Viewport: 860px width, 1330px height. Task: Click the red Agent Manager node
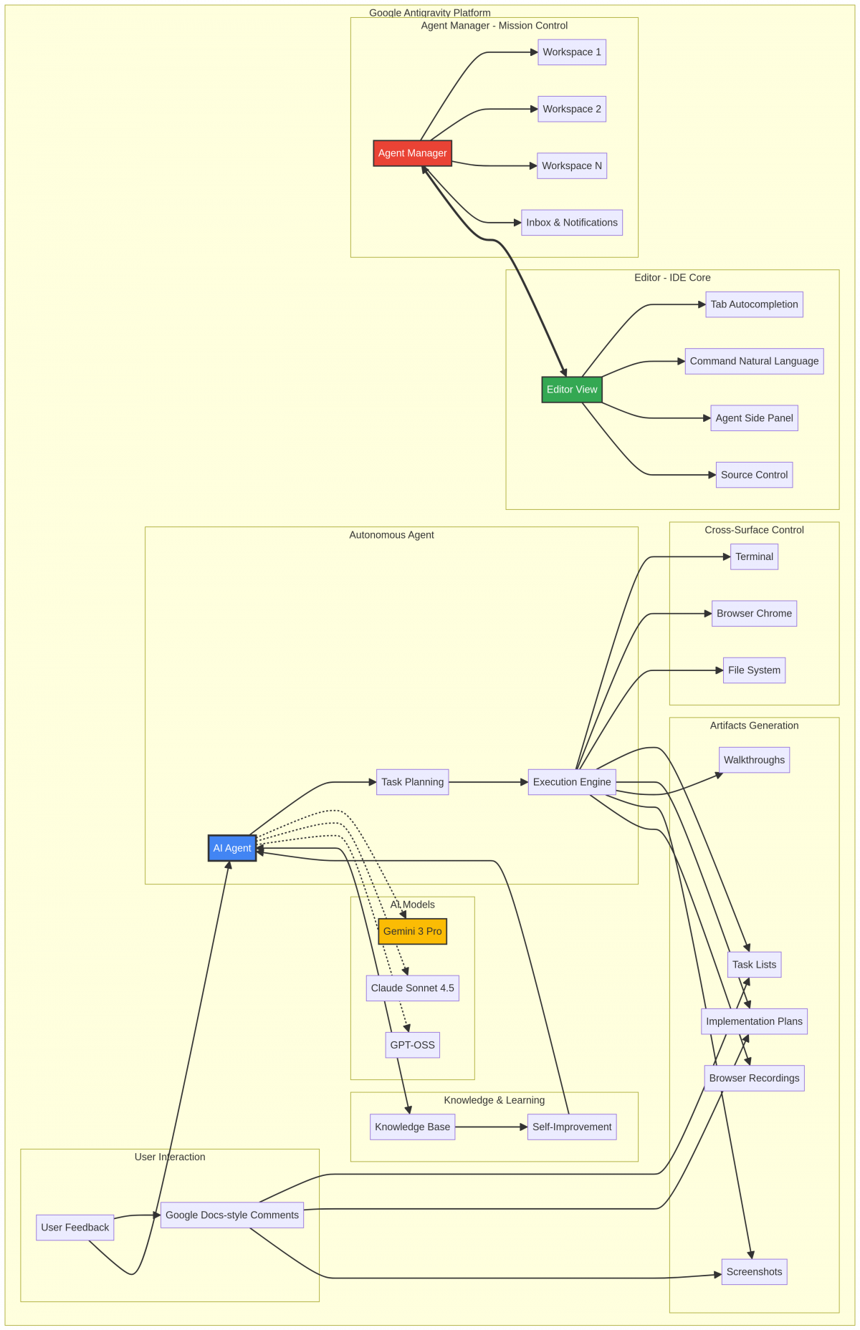tap(412, 153)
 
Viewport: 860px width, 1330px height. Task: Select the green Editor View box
tap(571, 390)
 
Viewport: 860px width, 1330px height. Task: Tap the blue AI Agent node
tap(232, 848)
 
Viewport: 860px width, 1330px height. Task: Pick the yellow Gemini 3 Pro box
tap(412, 931)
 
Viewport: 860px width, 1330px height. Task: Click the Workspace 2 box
tap(571, 109)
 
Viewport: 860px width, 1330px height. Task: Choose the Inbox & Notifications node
tap(571, 223)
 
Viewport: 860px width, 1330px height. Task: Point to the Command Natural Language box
tap(754, 361)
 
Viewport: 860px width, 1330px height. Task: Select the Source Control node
tap(754, 475)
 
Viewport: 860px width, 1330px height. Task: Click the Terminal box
tap(754, 556)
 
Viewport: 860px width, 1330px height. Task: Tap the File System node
tap(754, 670)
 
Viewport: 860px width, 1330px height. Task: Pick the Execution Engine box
tap(571, 782)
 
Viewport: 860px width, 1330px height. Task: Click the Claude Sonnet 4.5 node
tap(412, 988)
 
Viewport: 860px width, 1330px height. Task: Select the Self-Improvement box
tap(571, 1127)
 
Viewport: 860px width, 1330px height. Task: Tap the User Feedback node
tap(75, 1228)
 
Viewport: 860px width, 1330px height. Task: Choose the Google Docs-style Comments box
tap(231, 1215)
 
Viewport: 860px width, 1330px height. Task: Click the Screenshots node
tap(754, 1272)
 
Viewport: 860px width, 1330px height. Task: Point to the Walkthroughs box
tap(754, 760)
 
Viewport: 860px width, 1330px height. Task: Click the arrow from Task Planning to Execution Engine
tap(487, 782)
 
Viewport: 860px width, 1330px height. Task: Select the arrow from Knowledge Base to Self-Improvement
tap(491, 1127)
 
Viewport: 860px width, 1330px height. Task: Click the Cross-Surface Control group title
tap(754, 530)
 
